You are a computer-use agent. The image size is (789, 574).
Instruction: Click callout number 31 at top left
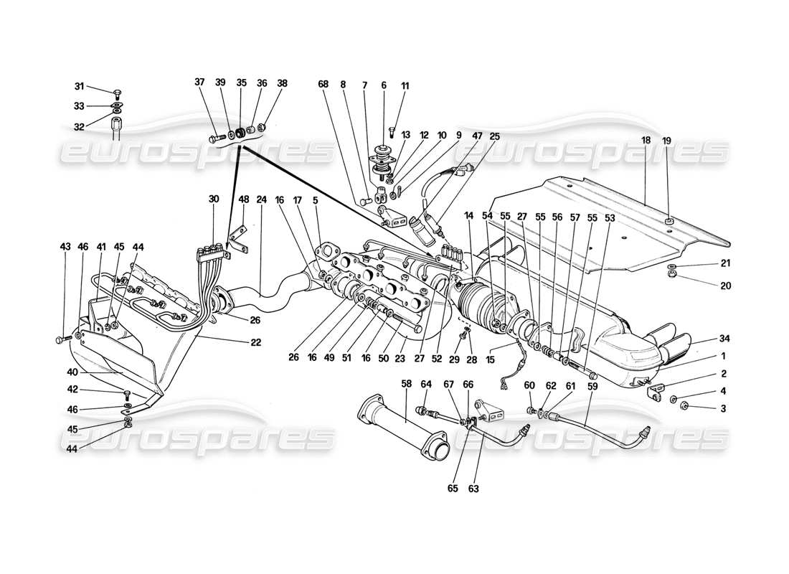[80, 87]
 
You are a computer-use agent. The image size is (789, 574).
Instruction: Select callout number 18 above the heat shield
[646, 141]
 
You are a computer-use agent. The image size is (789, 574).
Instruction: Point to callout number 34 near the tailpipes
[723, 339]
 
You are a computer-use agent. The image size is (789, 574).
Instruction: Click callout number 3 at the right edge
[723, 408]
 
